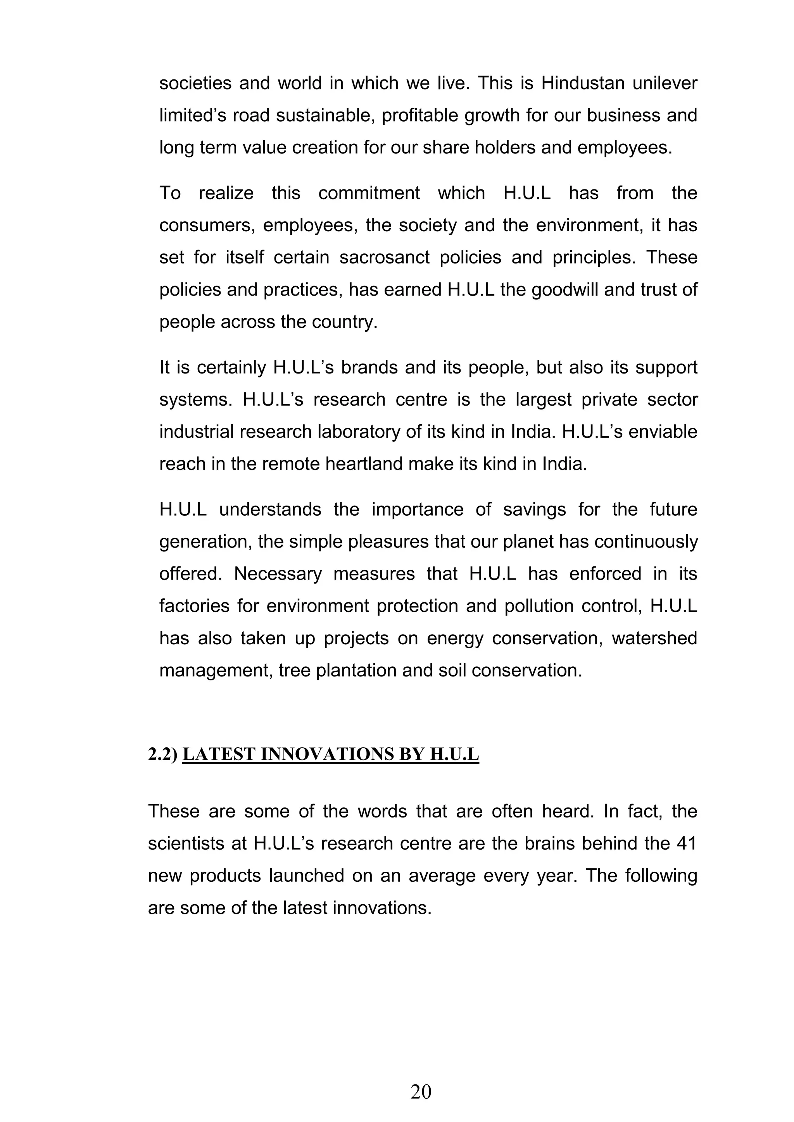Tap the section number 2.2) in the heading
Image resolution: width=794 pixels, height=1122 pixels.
[x=163, y=754]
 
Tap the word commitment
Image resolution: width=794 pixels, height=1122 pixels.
[x=369, y=193]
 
